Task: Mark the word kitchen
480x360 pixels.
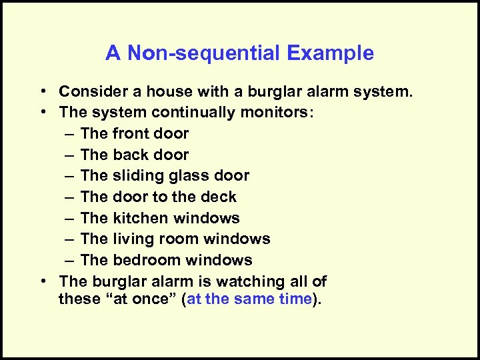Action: (x=142, y=218)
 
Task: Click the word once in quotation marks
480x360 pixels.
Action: (x=151, y=299)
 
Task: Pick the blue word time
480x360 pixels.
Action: (x=293, y=299)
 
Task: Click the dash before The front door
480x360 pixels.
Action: (x=70, y=134)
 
